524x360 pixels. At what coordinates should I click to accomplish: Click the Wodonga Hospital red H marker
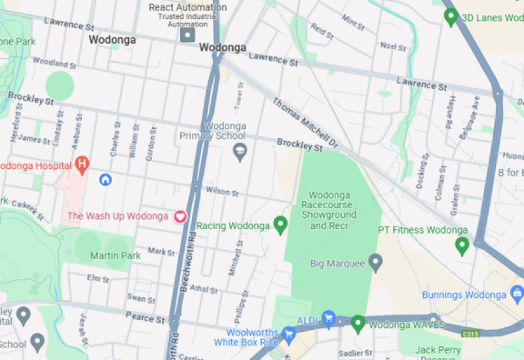coord(82,165)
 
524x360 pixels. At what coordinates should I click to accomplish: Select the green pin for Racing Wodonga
coord(281,225)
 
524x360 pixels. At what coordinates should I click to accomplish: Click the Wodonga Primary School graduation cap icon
coord(240,153)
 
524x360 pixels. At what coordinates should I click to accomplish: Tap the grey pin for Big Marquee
coord(375,264)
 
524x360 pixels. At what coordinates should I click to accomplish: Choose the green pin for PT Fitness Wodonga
coord(462,245)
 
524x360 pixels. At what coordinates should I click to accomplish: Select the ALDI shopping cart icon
coord(329,319)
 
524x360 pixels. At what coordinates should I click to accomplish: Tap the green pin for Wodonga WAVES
coord(358,323)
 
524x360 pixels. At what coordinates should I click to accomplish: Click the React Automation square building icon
coord(188,34)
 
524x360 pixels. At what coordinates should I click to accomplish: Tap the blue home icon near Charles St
coord(105,179)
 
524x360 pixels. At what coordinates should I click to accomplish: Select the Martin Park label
coord(115,255)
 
